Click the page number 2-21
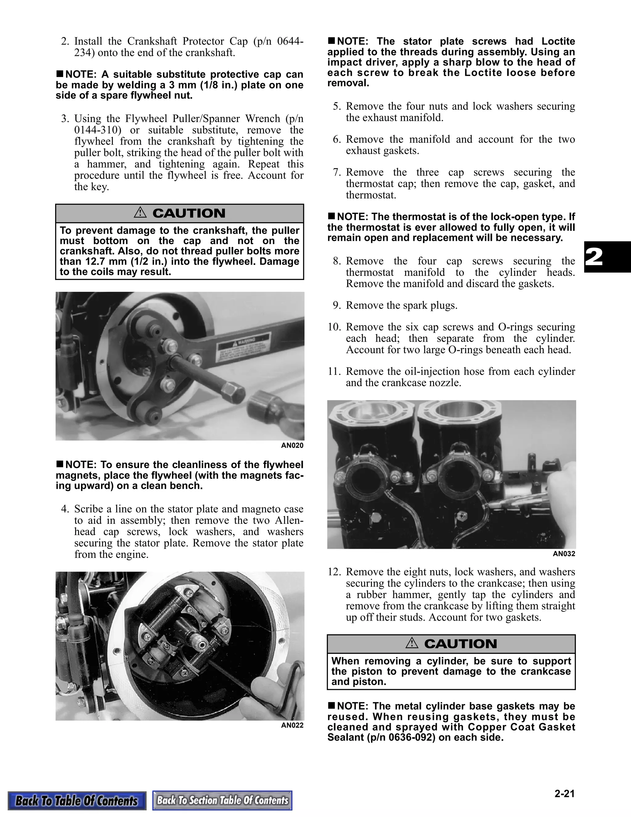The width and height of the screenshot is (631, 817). click(564, 794)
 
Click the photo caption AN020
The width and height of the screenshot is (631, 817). click(292, 445)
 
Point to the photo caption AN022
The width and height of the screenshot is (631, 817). click(292, 725)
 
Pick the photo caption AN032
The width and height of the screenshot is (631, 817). click(564, 554)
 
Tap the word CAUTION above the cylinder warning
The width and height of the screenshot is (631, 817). click(460, 643)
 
